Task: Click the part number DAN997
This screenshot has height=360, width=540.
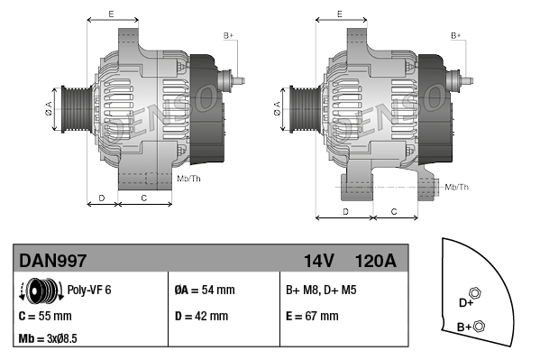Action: pyautogui.click(x=53, y=261)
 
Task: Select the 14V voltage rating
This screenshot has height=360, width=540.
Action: pyautogui.click(x=318, y=261)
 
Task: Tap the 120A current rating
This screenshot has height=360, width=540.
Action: pyautogui.click(x=375, y=261)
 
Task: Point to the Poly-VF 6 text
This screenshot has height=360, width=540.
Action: pyautogui.click(x=89, y=291)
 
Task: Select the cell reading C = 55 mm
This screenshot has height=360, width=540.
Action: pyautogui.click(x=45, y=317)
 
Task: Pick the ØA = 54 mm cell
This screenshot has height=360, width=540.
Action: pyautogui.click(x=204, y=291)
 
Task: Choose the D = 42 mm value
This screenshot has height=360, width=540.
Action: pyautogui.click(x=201, y=317)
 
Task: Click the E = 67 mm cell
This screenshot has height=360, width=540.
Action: pyautogui.click(x=312, y=317)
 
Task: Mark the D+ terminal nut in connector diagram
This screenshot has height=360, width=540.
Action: pyautogui.click(x=475, y=293)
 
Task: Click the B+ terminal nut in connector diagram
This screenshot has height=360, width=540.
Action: pyautogui.click(x=479, y=326)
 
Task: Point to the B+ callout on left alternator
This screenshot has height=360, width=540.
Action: pyautogui.click(x=228, y=35)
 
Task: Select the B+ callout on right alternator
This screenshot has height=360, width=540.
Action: pyautogui.click(x=456, y=35)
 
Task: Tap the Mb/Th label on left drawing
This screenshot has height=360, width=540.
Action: pyautogui.click(x=188, y=179)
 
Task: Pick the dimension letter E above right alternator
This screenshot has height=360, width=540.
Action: pyautogui.click(x=339, y=14)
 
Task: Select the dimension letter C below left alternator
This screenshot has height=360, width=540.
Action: pyautogui.click(x=144, y=197)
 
